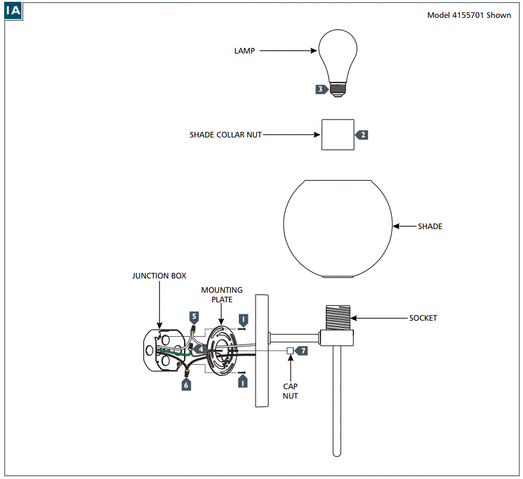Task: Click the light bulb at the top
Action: point(338,57)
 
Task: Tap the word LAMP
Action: point(244,51)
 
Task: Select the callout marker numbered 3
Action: point(321,89)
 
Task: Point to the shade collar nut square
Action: point(338,134)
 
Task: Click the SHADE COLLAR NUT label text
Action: point(225,135)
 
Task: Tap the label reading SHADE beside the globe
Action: point(429,227)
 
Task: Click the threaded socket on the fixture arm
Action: point(337,319)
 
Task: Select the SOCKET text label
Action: point(423,318)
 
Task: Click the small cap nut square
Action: point(290,350)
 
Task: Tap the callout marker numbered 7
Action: point(302,351)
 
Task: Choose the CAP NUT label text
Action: point(290,391)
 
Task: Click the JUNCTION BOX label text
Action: point(159,276)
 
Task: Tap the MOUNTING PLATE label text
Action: point(222,295)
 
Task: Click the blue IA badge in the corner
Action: point(14,11)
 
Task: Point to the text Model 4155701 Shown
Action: point(469,15)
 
